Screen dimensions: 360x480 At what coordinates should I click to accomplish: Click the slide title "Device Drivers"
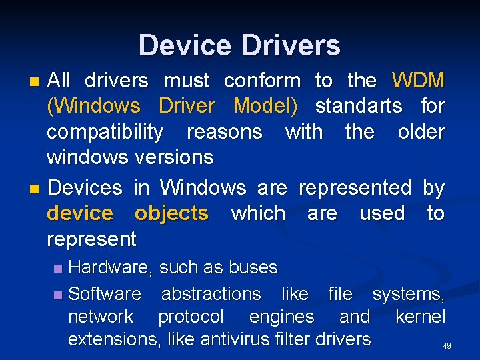pos(239,45)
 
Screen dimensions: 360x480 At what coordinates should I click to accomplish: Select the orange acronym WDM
pos(418,81)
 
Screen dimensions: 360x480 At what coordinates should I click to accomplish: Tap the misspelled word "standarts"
pos(359,106)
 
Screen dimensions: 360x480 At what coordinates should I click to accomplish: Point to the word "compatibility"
pos(105,132)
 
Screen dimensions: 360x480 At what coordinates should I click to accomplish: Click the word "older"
pos(421,131)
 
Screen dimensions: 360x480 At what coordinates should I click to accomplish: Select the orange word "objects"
pos(171,213)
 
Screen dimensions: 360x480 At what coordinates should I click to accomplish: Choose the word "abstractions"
pos(211,294)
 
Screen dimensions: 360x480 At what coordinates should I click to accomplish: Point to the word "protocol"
pos(191,317)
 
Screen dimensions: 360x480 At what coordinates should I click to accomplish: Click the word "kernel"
pos(420,317)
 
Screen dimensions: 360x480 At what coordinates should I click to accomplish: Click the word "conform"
pos(262,81)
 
